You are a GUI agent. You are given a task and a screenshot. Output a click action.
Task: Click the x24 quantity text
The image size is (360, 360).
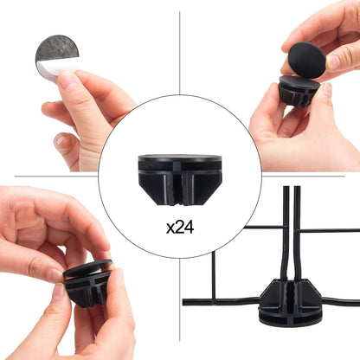tap(180, 228)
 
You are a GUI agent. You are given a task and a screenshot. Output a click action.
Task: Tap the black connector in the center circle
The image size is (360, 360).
tap(180, 180)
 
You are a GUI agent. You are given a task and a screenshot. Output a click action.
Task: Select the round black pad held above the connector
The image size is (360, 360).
tap(306, 60)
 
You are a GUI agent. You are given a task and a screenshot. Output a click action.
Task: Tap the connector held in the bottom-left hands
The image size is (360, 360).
tap(88, 283)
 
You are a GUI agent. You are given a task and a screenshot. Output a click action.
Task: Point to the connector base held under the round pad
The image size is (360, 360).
tap(299, 90)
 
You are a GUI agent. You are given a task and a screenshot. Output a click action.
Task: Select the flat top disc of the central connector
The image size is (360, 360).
tap(180, 158)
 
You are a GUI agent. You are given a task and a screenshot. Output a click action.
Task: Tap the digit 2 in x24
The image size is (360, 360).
tap(179, 228)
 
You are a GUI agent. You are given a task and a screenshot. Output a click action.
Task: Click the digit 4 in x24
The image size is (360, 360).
tap(190, 228)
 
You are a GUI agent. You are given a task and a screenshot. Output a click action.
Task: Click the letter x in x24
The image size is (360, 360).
tap(170, 229)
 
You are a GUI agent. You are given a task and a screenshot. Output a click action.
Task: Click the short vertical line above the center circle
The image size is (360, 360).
tap(179, 53)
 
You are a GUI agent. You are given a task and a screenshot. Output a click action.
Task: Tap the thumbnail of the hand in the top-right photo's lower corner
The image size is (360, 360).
tap(327, 89)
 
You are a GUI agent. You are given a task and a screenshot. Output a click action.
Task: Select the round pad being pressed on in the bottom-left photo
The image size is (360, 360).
tap(87, 268)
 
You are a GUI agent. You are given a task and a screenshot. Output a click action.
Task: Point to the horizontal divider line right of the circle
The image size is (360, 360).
tap(304, 176)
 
